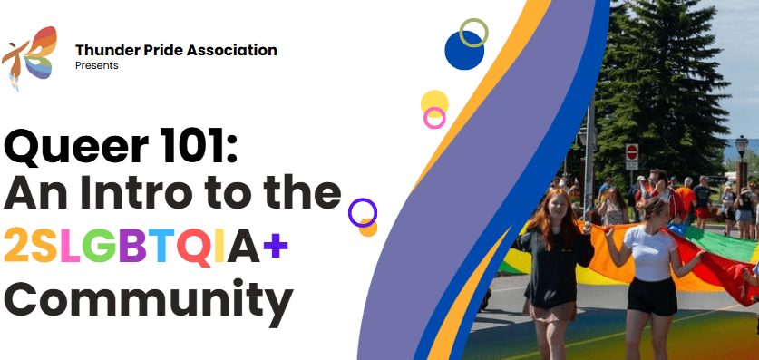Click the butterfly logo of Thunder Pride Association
point(29,58)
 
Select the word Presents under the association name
point(97,65)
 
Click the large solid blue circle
point(464,50)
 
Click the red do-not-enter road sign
point(632,152)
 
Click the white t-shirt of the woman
point(650,253)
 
